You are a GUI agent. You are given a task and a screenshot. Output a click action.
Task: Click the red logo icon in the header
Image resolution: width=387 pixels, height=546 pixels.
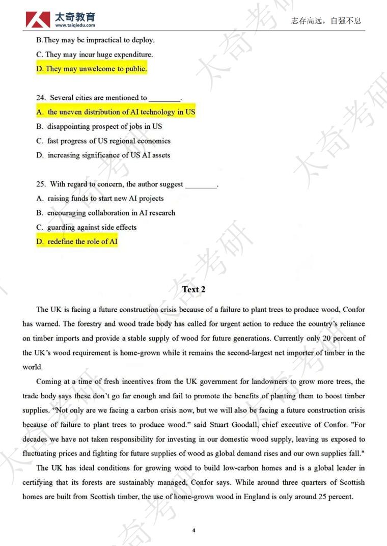coord(38,19)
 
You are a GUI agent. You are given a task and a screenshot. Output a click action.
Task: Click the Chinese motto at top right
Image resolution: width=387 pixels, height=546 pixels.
coord(326,21)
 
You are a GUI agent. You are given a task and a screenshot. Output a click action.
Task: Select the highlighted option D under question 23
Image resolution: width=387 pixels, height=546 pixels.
coord(92,69)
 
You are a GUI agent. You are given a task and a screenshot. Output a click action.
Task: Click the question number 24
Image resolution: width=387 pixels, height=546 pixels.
coord(41,98)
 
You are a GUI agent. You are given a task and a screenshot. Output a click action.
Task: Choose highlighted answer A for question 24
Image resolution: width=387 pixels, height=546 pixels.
coord(116,112)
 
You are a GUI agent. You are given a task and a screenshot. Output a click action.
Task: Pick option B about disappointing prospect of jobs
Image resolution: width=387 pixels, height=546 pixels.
coord(99,126)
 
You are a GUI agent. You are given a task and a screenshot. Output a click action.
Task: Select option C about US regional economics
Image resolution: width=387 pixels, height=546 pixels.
coord(103,141)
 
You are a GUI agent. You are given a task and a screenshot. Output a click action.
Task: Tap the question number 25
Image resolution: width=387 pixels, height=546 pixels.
coord(41,184)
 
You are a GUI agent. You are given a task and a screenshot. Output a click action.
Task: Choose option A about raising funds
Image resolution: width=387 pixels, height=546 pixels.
coord(100,199)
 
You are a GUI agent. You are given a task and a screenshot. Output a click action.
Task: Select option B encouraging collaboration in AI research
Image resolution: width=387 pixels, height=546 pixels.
coord(105,213)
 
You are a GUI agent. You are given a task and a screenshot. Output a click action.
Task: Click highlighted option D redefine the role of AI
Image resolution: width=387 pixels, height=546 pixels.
coord(77,242)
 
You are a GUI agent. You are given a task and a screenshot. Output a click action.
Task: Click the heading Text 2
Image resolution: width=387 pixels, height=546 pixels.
coord(193,289)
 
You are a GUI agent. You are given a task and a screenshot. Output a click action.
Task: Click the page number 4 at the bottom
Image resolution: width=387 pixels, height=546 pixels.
coord(194,530)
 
